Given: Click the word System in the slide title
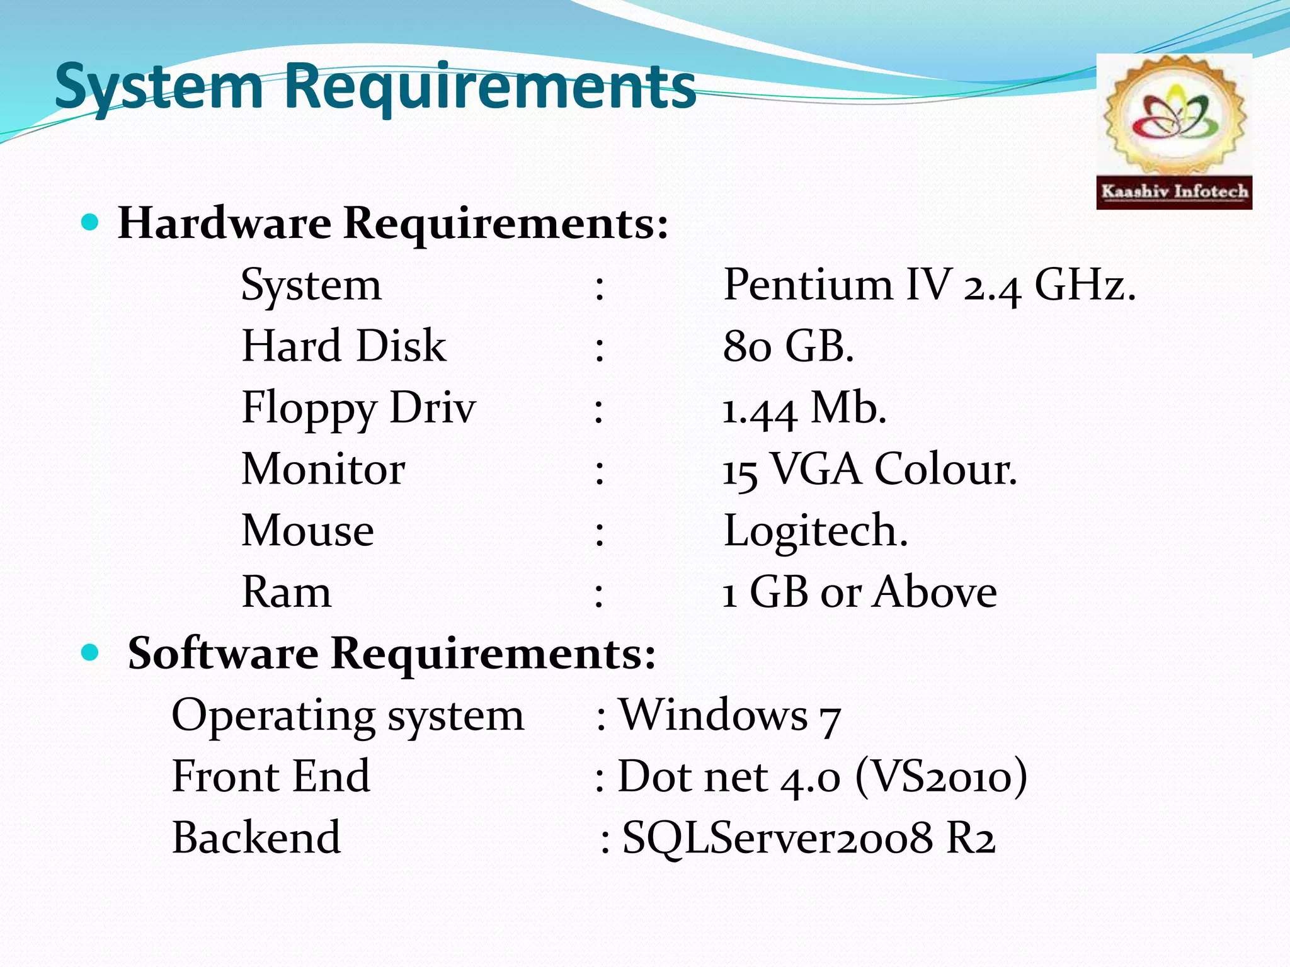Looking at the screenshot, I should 159,87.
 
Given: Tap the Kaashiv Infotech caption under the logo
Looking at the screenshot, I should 1174,191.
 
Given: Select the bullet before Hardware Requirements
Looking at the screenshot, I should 91,222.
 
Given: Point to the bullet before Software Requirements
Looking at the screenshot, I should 91,653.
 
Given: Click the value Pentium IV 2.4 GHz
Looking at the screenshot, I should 929,285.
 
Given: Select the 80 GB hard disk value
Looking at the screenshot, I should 788,346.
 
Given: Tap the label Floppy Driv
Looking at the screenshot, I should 358,408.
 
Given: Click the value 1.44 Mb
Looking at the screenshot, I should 804,408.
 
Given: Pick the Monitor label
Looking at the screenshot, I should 323,469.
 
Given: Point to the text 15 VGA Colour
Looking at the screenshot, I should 869,469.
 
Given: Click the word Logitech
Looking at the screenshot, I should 816,531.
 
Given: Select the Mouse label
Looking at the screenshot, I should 308,531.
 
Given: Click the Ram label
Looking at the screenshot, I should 287,592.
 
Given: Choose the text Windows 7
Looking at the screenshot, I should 730,715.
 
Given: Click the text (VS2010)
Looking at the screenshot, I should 941,776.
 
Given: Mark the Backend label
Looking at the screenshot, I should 256,837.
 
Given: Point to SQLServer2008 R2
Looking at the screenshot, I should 809,837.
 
